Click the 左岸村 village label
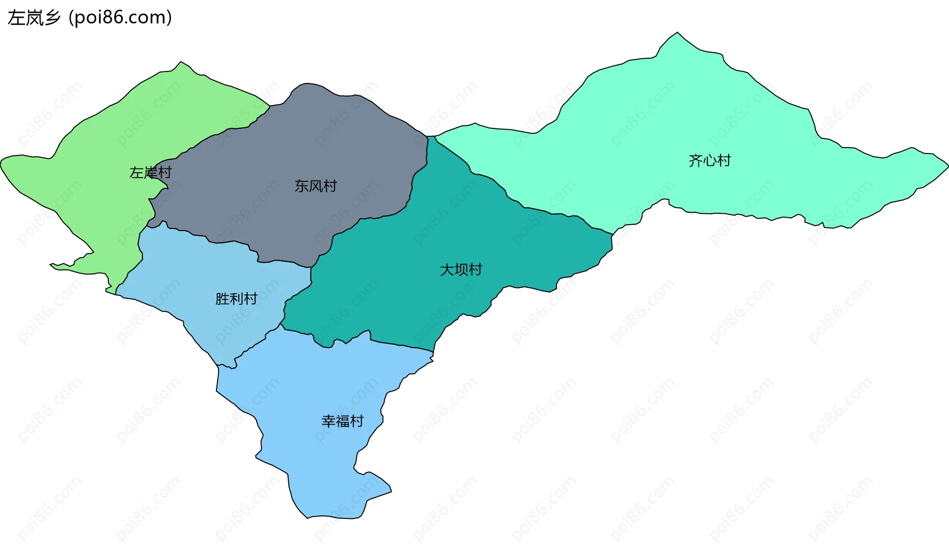pyautogui.click(x=150, y=172)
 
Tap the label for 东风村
pyautogui.click(x=315, y=186)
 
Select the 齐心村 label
pyautogui.click(x=709, y=160)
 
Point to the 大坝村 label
pyautogui.click(x=461, y=270)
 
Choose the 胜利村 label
pyautogui.click(x=236, y=299)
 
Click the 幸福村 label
pyautogui.click(x=342, y=421)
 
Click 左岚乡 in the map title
pyautogui.click(x=34, y=18)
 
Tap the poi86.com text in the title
pyautogui.click(x=120, y=18)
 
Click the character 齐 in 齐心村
pyautogui.click(x=695, y=160)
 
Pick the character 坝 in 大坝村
pyautogui.click(x=461, y=270)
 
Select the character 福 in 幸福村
pyautogui.click(x=342, y=421)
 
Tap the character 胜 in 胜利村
pyautogui.click(x=222, y=299)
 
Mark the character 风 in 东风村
pyautogui.click(x=315, y=186)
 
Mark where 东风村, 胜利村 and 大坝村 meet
pyautogui.click(x=311, y=268)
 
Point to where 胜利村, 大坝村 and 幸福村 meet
pyautogui.click(x=281, y=325)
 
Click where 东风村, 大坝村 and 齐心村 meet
pyautogui.click(x=428, y=136)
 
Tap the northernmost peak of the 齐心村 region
pyautogui.click(x=677, y=33)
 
